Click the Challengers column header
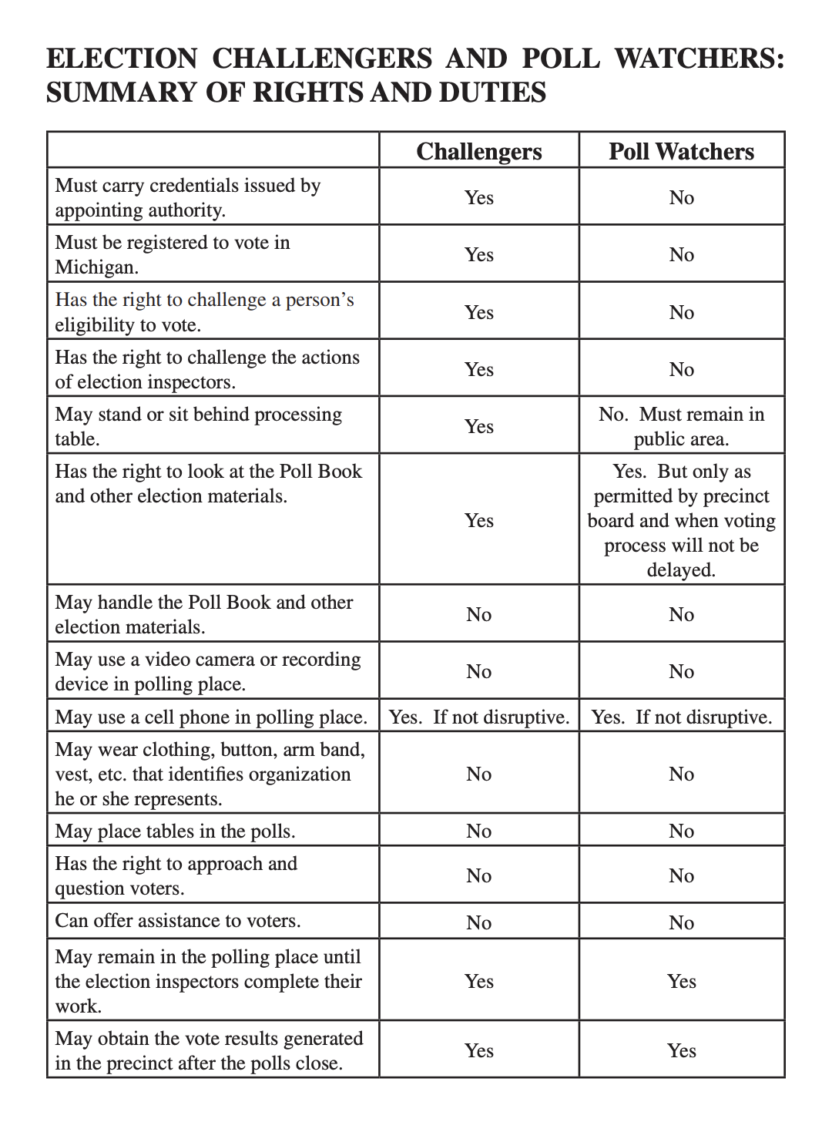pos(478,151)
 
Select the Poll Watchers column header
pos(681,151)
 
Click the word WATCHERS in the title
pos(699,59)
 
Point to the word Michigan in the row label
pos(95,267)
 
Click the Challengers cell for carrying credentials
pos(478,198)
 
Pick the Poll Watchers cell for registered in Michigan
pos(681,255)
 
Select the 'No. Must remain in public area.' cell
pos(681,426)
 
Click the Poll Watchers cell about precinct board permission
pos(681,520)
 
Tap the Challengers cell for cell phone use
pos(478,717)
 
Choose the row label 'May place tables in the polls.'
pos(175,831)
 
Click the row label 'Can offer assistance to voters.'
pos(178,921)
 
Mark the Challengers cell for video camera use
pos(478,672)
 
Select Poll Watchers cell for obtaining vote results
pos(681,1051)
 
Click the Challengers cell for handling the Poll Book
pos(478,615)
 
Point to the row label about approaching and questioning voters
pos(176,876)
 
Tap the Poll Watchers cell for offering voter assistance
pos(681,923)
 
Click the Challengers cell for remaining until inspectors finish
pos(478,982)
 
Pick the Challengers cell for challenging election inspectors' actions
pos(478,370)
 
